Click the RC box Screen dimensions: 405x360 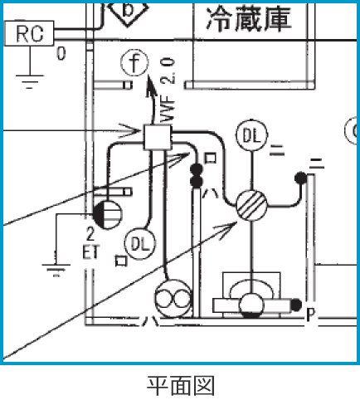[x=30, y=34]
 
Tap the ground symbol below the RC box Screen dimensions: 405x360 [x=31, y=81]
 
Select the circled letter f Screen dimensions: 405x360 [x=132, y=63]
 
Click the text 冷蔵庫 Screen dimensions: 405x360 [x=249, y=18]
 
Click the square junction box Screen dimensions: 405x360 [x=155, y=136]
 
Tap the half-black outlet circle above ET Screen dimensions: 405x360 [x=111, y=214]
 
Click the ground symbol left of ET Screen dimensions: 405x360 [x=56, y=268]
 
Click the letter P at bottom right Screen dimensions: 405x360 [x=310, y=315]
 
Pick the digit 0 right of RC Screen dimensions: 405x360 [x=61, y=55]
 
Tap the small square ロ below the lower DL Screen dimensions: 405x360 [x=122, y=260]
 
